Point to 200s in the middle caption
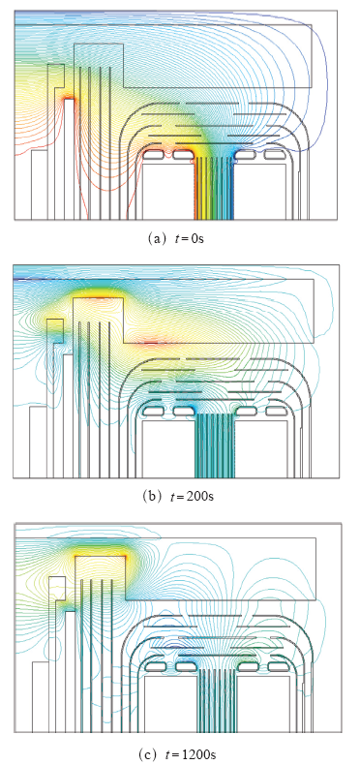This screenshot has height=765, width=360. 204,497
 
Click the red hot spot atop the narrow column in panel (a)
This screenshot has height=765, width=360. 70,98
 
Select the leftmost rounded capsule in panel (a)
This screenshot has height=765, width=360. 155,154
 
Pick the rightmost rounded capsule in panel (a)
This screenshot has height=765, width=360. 274,154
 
